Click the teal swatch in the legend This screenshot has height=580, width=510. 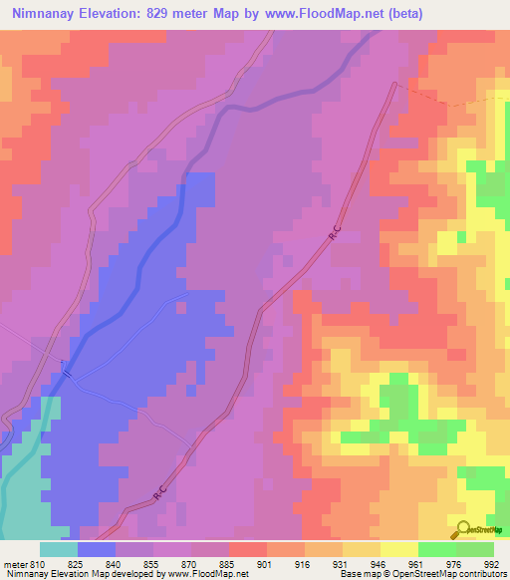pos(59,549)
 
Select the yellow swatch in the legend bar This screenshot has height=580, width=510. pos(399,549)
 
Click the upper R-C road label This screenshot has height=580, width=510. pos(335,236)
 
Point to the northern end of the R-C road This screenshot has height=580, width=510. pos(396,85)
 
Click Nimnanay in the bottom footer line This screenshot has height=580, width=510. pos(26,574)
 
